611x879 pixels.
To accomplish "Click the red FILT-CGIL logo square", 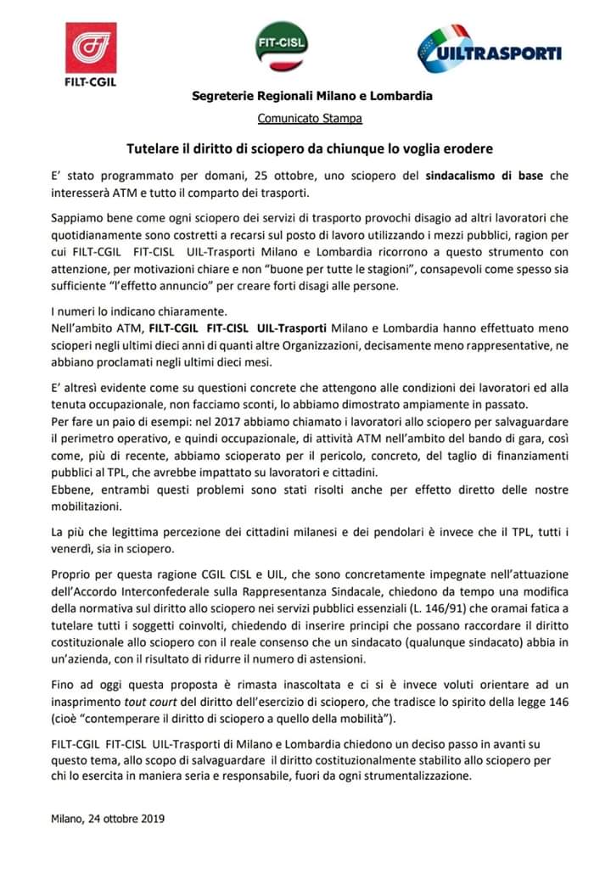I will (x=91, y=48).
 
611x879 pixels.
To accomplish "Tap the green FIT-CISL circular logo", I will (x=282, y=48).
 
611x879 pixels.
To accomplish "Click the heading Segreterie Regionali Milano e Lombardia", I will (x=311, y=96).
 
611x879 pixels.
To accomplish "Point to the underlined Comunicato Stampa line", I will (x=310, y=118).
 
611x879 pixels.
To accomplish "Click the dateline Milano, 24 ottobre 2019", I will (x=108, y=820).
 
